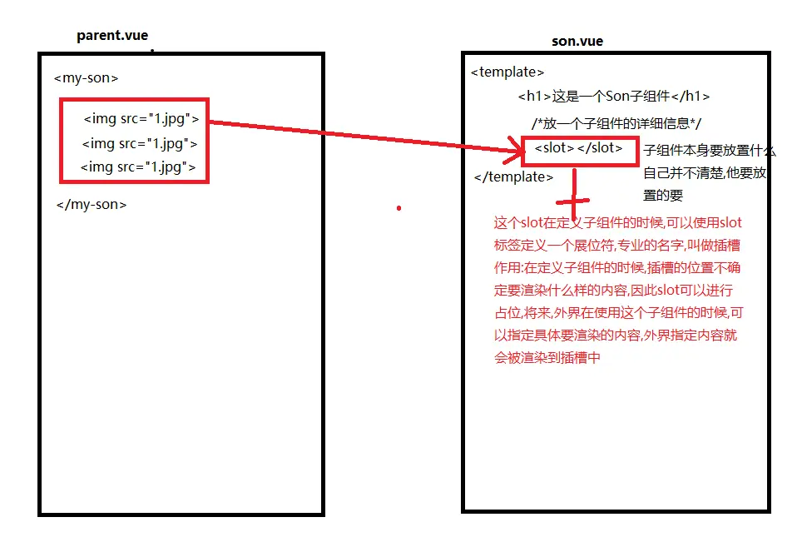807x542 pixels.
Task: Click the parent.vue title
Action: click(x=111, y=35)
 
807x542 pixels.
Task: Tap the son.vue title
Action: click(x=577, y=42)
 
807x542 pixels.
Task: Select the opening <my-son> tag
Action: click(x=86, y=78)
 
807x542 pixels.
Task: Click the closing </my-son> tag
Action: click(x=92, y=204)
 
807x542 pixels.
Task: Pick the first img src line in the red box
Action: click(x=141, y=119)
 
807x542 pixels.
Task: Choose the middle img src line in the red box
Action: click(x=140, y=143)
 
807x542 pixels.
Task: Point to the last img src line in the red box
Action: click(x=138, y=167)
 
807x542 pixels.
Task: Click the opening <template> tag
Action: click(x=507, y=72)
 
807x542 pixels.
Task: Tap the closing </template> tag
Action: click(x=513, y=177)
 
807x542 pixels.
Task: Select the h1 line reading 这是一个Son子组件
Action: click(x=613, y=97)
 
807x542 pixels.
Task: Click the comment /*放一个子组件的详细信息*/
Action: click(x=617, y=123)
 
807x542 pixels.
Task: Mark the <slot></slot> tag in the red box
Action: click(x=578, y=148)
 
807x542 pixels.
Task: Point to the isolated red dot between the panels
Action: click(x=399, y=207)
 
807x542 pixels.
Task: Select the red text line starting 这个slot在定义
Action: click(x=617, y=223)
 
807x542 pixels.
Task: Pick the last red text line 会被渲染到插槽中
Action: click(x=547, y=358)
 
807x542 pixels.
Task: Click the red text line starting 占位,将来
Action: click(x=618, y=313)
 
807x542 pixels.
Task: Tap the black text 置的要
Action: click(x=663, y=196)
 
